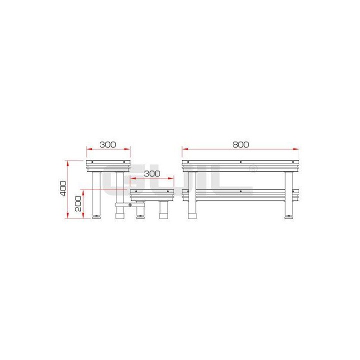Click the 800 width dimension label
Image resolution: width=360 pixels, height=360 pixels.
pyautogui.click(x=240, y=144)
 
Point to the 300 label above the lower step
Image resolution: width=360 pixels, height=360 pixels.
pyautogui.click(x=151, y=173)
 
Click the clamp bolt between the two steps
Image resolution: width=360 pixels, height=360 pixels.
pyautogui.click(x=130, y=204)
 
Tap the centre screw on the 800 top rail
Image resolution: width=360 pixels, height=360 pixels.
pyautogui.click(x=240, y=162)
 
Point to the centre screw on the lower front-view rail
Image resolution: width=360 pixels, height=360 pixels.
pyautogui.click(x=240, y=191)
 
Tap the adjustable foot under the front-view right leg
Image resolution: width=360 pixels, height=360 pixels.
pyautogui.click(x=288, y=217)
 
